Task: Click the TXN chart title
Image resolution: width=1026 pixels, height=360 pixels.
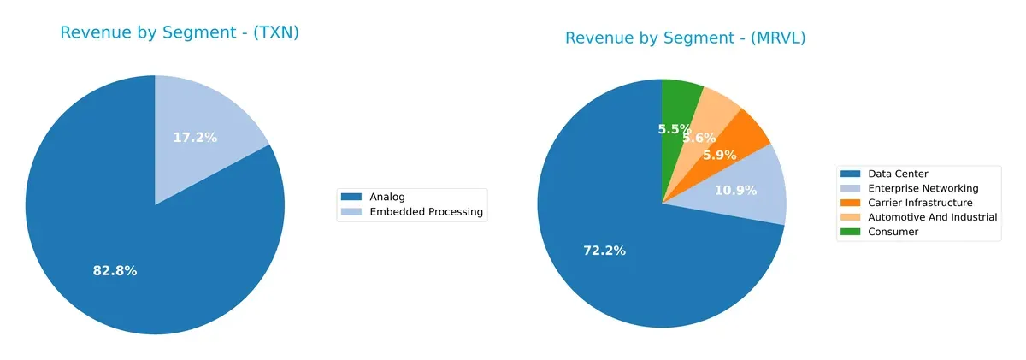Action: tap(179, 33)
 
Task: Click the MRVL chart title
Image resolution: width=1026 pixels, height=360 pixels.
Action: tap(685, 38)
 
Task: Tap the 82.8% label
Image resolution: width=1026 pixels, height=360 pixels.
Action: tap(115, 271)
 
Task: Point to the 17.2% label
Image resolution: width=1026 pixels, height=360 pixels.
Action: tap(195, 137)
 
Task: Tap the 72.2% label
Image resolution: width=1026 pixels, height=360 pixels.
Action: tap(604, 251)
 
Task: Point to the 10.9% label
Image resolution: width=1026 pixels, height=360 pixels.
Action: tap(734, 190)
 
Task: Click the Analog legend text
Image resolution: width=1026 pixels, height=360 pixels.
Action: tap(388, 198)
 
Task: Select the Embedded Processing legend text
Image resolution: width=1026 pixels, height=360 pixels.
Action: tap(426, 212)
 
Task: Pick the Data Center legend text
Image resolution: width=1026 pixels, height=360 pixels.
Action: tap(899, 174)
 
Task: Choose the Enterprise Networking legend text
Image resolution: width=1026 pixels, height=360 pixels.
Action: tap(922, 188)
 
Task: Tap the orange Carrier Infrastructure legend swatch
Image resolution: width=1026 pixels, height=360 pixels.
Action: tap(852, 203)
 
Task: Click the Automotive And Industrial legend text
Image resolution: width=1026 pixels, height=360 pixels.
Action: tap(932, 217)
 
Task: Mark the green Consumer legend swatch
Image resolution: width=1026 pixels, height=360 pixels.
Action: tap(852, 232)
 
